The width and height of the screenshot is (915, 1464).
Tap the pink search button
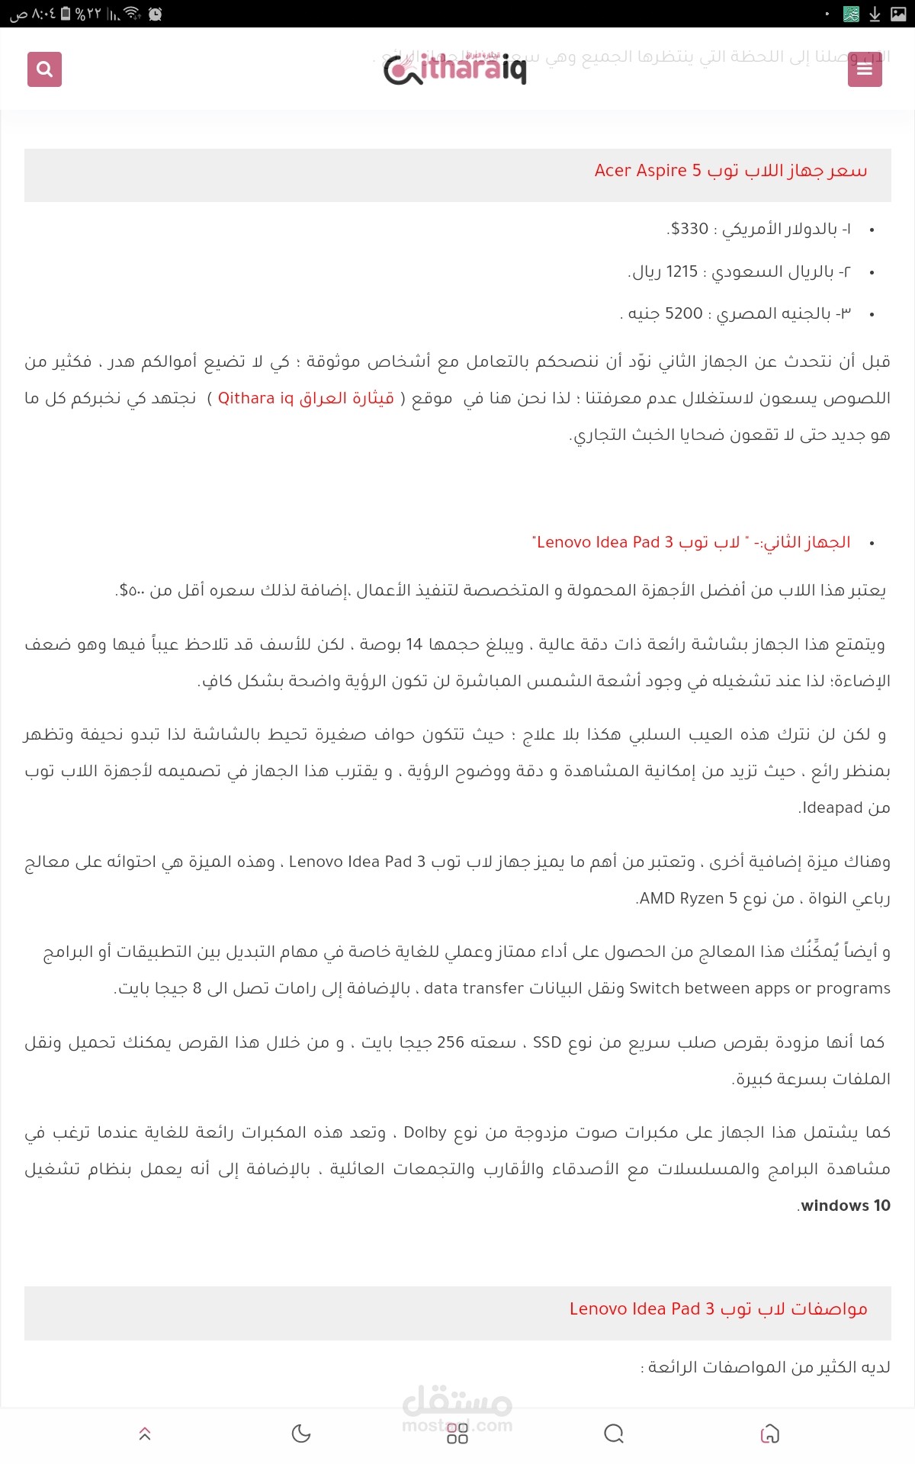tap(44, 69)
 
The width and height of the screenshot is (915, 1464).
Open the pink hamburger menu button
tap(865, 69)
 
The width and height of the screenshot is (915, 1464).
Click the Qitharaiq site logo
tap(455, 70)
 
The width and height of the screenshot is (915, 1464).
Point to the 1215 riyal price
tap(681, 271)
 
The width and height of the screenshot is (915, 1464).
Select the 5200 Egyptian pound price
tap(683, 313)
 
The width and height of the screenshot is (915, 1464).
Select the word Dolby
tap(425, 1132)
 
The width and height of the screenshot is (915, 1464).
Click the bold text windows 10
tap(846, 1206)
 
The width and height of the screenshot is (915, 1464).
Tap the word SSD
tap(547, 1042)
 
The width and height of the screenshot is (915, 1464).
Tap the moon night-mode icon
tap(301, 1433)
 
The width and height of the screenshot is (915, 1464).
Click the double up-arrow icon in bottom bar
tap(145, 1433)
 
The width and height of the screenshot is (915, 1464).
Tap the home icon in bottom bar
tap(770, 1433)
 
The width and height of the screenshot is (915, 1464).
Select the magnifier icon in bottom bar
tap(614, 1433)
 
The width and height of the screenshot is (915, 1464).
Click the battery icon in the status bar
tap(66, 13)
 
